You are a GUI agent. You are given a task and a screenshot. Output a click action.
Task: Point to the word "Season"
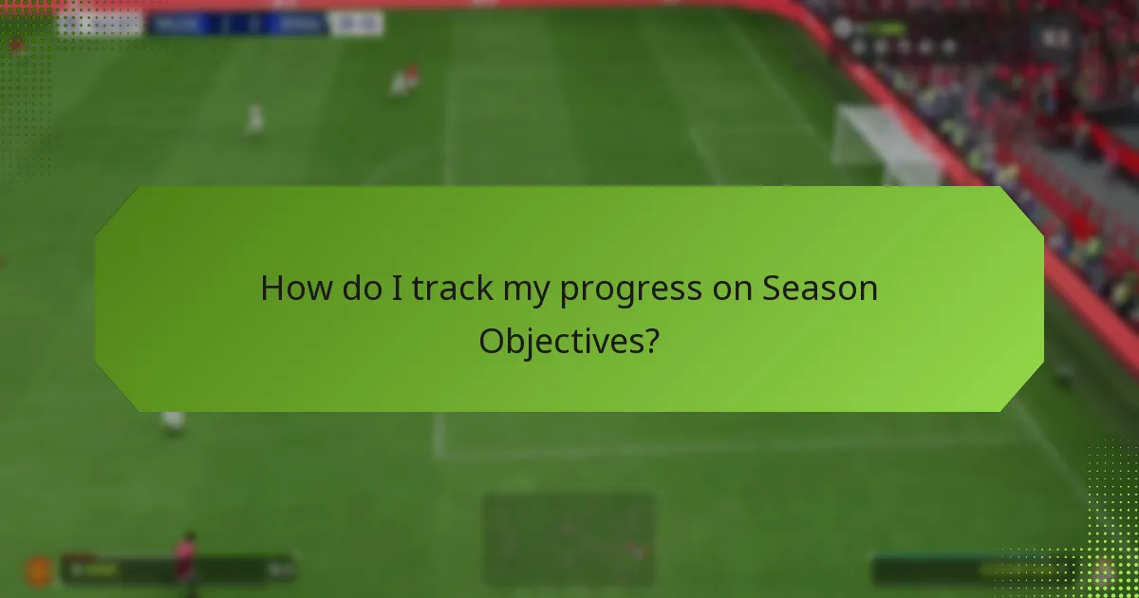820,289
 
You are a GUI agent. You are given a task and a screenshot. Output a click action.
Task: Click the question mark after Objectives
651,341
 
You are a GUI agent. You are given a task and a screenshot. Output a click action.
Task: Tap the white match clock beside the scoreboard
357,24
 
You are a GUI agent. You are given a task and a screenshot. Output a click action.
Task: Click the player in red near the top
403,81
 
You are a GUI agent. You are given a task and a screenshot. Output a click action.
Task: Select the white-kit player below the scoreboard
254,118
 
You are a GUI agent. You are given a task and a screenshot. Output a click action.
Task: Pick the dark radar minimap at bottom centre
568,539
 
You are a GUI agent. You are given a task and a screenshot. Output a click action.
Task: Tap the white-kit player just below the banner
173,421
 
